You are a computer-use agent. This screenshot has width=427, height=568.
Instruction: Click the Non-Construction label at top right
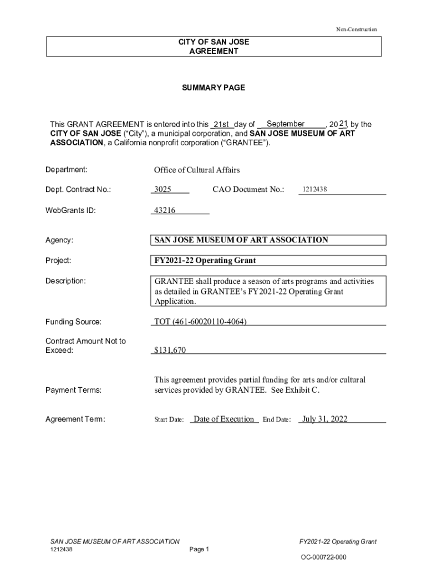(x=356, y=29)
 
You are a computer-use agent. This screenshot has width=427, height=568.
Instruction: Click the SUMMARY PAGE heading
(x=213, y=88)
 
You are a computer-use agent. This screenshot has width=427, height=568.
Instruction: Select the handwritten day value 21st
(x=221, y=124)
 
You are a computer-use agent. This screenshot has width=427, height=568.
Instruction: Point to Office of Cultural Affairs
(x=197, y=170)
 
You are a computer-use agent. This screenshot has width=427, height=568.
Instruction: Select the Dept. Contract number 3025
(x=162, y=190)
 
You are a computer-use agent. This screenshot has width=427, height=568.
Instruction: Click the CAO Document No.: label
(x=248, y=190)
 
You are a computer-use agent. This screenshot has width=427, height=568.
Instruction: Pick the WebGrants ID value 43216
(x=162, y=210)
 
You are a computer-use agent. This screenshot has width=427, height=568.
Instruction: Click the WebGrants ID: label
(x=70, y=210)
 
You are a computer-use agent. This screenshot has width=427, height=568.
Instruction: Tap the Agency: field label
(x=59, y=240)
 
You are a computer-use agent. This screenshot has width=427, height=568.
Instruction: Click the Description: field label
(x=65, y=281)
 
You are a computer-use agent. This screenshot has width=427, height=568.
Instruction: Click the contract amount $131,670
(x=170, y=350)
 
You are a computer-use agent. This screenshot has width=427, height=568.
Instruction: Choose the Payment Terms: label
(x=73, y=390)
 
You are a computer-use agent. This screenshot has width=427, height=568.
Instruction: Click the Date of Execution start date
(x=223, y=419)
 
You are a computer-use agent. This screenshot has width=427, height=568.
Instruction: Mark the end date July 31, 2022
(x=325, y=419)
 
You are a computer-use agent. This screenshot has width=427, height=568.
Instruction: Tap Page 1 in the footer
(x=199, y=550)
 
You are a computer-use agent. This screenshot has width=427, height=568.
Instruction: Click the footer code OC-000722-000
(x=324, y=557)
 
